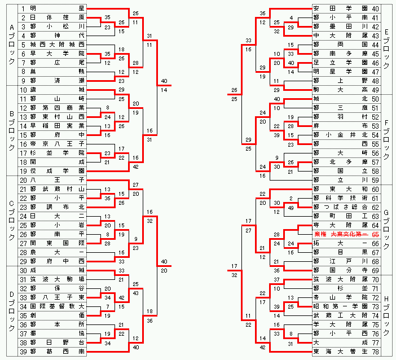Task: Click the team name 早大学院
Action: (x=57, y=54)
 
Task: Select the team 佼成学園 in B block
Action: (x=57, y=170)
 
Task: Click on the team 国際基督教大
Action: (x=57, y=306)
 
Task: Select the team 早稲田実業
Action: (x=57, y=126)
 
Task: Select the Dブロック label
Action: (x=12, y=310)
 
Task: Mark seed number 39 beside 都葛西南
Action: (x=23, y=352)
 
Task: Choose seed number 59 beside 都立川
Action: (x=375, y=180)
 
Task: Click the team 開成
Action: (x=57, y=161)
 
